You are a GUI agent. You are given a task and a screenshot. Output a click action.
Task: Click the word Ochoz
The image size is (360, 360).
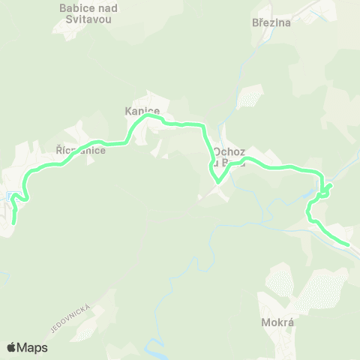(x=228, y=151)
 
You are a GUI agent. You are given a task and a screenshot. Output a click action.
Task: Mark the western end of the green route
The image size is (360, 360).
(x=13, y=222)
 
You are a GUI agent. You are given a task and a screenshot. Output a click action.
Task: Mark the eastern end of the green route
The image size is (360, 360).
(x=348, y=244)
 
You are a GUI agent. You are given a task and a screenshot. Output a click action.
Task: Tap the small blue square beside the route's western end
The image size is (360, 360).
(x=8, y=196)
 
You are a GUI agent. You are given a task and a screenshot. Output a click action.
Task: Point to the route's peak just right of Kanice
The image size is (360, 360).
(x=151, y=115)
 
